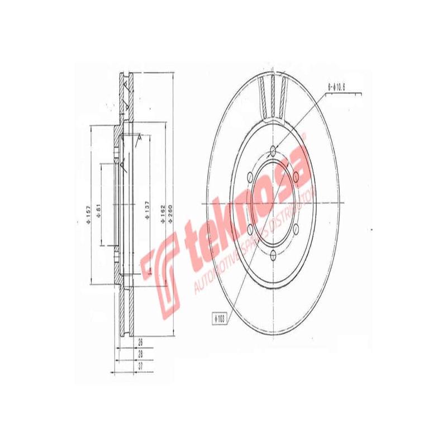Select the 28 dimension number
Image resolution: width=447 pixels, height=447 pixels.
(140, 354)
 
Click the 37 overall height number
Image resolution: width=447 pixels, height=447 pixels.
(140, 367)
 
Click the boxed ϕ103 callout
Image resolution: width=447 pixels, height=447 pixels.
(219, 318)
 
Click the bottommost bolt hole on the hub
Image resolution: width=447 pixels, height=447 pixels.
(272, 256)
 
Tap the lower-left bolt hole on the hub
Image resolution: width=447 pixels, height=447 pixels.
(249, 230)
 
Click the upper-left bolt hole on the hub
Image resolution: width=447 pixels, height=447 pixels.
(249, 177)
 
